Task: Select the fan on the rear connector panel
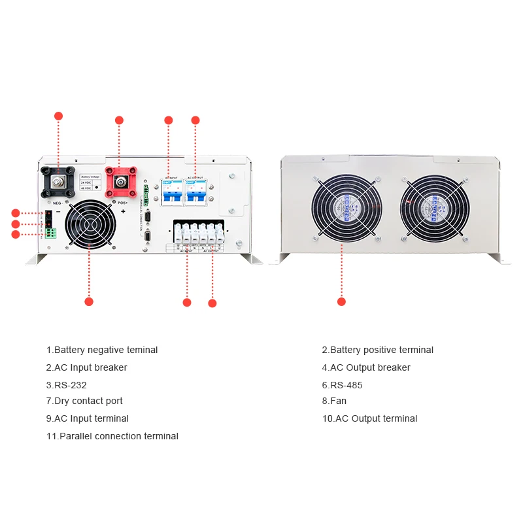coord(90,224)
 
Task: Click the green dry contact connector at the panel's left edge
coord(50,233)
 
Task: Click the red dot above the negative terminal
coord(58,116)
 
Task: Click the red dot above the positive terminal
coord(119,120)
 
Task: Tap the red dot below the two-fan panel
coord(341,301)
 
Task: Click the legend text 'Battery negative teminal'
coord(102,350)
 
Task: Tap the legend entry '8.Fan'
coord(334,401)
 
